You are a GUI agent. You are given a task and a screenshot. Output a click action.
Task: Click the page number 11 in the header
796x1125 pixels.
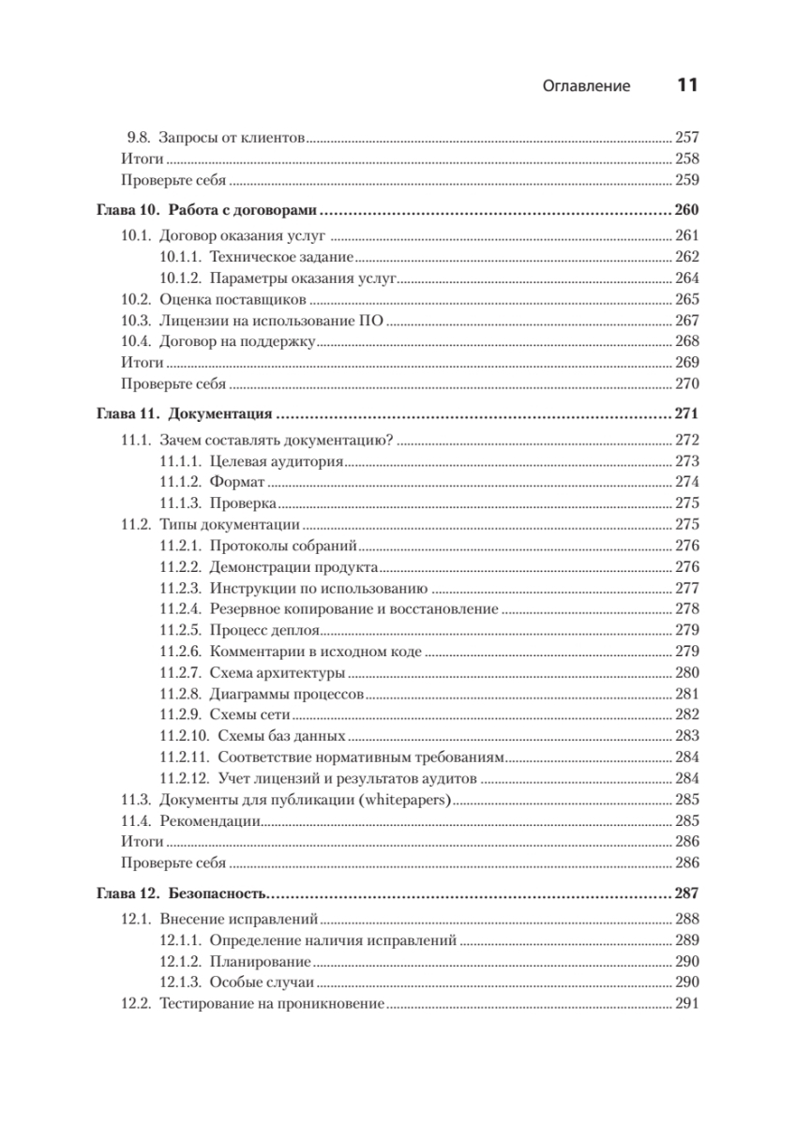coord(686,85)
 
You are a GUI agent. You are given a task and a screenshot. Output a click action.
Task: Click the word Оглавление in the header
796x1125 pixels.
coord(586,86)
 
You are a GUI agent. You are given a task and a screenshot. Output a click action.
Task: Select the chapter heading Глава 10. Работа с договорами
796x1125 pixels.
coord(208,209)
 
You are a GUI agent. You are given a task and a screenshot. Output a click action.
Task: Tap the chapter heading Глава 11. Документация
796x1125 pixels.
coord(185,412)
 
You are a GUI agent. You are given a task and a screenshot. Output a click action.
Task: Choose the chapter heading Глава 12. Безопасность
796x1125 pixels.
coord(185,892)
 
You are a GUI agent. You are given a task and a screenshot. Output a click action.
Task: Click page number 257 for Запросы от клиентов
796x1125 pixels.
coord(687,137)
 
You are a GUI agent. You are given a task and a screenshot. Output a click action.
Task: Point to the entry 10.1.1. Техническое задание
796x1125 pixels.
coord(255,256)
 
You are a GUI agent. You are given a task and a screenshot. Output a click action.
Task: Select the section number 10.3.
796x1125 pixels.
coord(137,320)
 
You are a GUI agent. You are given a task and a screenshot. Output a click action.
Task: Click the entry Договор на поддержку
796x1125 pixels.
coord(240,341)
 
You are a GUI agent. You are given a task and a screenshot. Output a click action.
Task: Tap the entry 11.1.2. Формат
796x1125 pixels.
coord(211,482)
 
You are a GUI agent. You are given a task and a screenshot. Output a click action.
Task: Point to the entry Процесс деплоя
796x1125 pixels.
coord(266,629)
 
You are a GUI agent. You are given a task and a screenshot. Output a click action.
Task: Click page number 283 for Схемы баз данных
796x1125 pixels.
coord(687,736)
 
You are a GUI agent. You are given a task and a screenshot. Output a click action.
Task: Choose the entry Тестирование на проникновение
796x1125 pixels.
coord(272,1004)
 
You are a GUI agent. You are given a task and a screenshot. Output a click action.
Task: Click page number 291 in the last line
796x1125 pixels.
coord(687,1004)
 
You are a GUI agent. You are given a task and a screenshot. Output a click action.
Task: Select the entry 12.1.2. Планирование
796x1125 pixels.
coord(234,962)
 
